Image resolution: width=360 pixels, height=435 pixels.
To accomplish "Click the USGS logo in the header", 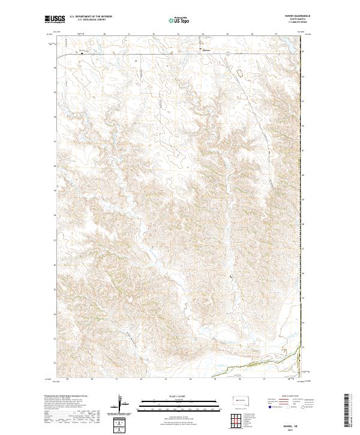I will pyautogui.click(x=55, y=20).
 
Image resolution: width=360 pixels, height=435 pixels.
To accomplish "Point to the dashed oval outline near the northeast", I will pyautogui.click(x=241, y=74).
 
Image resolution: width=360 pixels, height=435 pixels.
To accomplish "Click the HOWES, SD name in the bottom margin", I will pyautogui.click(x=290, y=423).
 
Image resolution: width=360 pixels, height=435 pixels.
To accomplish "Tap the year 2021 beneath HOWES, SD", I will pyautogui.click(x=290, y=428).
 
